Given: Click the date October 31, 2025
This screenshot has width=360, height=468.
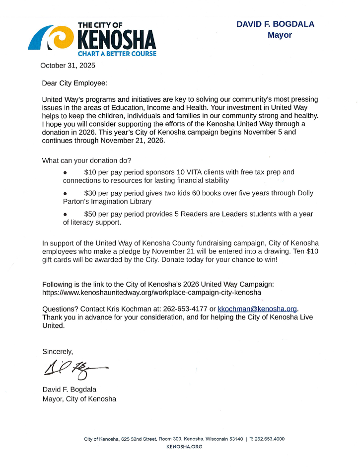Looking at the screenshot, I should [68, 65].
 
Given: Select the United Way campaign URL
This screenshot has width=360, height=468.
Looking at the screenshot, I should [151, 293].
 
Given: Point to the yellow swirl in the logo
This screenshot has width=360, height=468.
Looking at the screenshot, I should [60, 38].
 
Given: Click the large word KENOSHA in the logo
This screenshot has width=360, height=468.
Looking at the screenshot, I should [117, 39].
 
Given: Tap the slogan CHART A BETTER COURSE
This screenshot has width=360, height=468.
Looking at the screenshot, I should [117, 54].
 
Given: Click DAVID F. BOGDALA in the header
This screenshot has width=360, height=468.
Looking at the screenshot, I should [275, 24].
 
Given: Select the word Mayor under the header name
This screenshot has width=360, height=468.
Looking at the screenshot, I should [280, 35].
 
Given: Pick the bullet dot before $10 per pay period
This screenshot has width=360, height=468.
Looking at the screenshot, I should [65, 172].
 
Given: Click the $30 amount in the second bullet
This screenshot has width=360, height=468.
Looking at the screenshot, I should [90, 193].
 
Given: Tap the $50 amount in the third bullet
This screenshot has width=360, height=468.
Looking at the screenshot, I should [90, 214].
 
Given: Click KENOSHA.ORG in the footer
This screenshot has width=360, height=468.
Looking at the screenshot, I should [184, 447].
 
